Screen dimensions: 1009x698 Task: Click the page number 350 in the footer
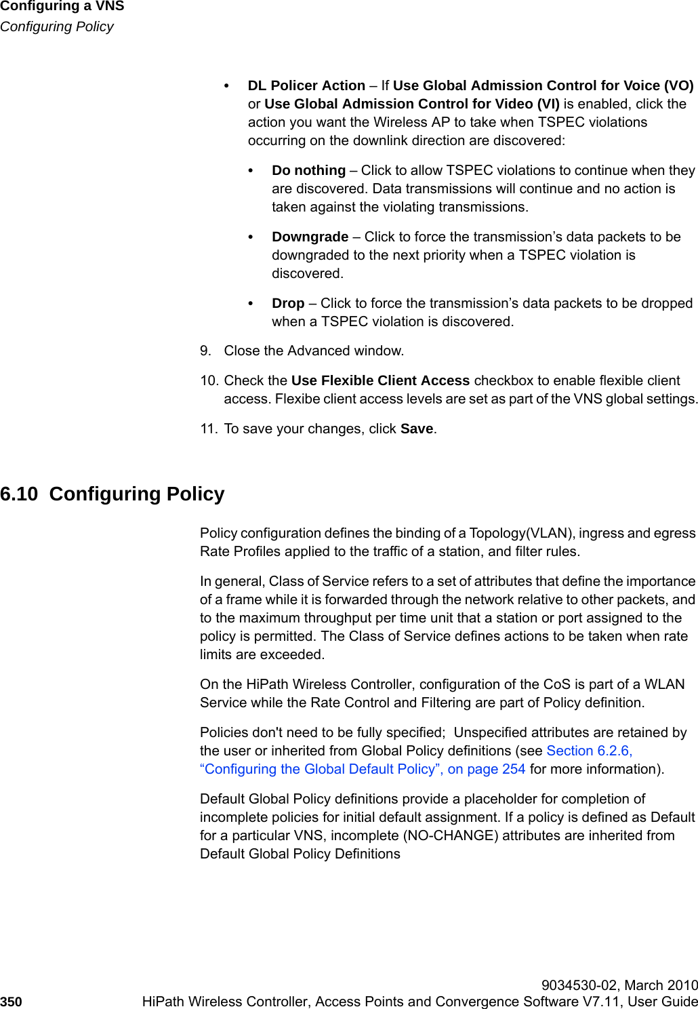11,1002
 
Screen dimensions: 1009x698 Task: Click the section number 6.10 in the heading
19,494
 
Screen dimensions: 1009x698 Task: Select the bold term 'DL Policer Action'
306,85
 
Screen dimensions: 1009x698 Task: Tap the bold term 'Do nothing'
308,170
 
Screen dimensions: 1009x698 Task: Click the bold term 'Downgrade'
310,237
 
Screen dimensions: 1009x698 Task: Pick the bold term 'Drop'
288,303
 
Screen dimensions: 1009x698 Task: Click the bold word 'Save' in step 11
417,429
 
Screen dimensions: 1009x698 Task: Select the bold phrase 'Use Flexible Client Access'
380,380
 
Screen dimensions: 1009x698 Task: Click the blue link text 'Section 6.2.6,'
589,751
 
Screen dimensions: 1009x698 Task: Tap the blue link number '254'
514,769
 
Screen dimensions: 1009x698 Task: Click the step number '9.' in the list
206,351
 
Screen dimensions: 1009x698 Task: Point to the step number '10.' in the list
209,380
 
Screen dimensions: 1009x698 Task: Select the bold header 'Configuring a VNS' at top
62,7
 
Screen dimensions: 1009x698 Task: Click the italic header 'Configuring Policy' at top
57,26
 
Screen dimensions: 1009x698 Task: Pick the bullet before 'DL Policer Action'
227,86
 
